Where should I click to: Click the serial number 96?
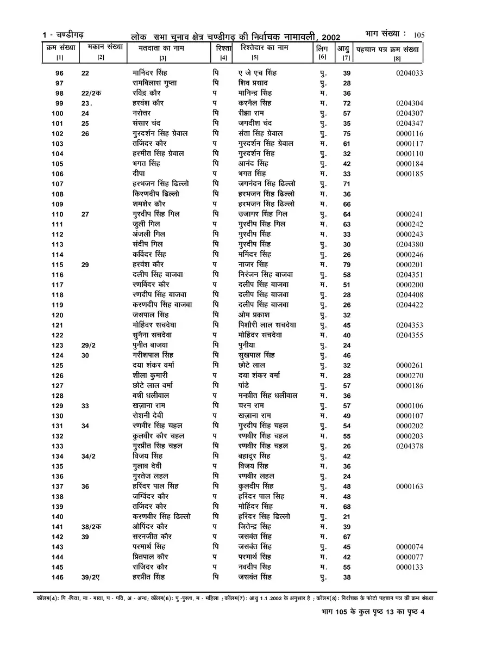click(x=59, y=73)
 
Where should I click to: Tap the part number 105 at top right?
click(x=418, y=35)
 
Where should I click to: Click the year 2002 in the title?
click(x=330, y=37)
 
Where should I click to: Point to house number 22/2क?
click(x=91, y=93)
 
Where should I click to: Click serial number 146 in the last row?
click(x=58, y=577)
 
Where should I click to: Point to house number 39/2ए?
click(x=92, y=577)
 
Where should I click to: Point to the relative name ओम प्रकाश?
click(x=254, y=315)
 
